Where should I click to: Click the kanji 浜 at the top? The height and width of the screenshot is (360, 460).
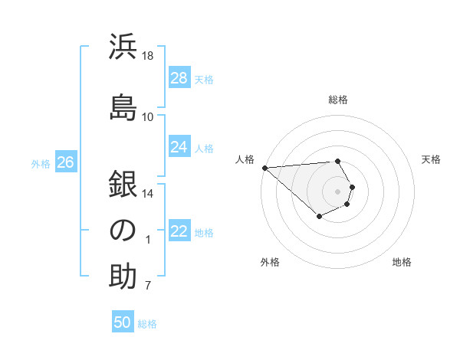point(123,47)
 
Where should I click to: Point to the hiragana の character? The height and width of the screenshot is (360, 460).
point(123,230)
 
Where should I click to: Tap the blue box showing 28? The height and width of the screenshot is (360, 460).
point(179,78)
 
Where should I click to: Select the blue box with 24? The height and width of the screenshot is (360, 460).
point(179,147)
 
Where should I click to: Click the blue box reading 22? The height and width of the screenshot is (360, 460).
point(179,232)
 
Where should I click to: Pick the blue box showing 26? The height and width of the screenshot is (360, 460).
point(66,162)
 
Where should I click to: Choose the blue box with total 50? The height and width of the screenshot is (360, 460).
point(123,322)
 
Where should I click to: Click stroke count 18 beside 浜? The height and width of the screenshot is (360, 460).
point(148,55)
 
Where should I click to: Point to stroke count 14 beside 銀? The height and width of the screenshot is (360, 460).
point(148,194)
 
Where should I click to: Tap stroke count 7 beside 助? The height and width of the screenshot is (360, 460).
point(148,286)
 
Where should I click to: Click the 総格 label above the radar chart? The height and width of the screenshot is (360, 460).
point(338,100)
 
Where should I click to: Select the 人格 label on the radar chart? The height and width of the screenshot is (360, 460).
point(245,159)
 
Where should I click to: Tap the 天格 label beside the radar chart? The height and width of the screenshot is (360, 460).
point(432,159)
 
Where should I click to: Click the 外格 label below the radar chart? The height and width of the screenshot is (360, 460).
point(270,262)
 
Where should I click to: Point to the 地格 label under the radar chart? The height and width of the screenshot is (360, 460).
point(402,262)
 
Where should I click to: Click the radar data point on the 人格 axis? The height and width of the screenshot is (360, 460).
point(264,168)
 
